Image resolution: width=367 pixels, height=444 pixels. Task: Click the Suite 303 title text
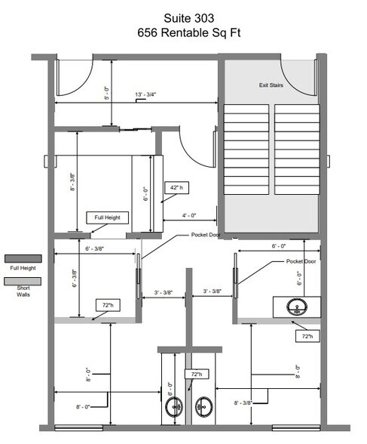coord(188,18)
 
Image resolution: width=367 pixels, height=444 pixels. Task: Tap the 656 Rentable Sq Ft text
coord(188,33)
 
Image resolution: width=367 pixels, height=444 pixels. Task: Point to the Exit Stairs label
coord(271,85)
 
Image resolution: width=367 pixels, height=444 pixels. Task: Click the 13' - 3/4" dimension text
coord(145,94)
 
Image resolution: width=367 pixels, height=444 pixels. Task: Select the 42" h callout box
coord(176,187)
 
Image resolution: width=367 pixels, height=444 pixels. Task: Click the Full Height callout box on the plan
coord(107,217)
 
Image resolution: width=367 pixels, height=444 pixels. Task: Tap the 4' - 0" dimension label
coord(189,215)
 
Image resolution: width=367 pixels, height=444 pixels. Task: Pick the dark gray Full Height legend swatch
coord(23,258)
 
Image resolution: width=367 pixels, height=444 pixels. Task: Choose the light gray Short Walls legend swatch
coord(23,281)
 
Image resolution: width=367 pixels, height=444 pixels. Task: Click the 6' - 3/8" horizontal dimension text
coord(95,248)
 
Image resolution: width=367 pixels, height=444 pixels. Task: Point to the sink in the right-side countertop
coord(297,307)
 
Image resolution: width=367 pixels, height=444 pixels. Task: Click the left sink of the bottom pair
coord(174,406)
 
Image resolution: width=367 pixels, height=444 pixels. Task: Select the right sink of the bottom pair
coord(203,406)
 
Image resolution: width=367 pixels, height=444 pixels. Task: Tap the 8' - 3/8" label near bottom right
coord(243,402)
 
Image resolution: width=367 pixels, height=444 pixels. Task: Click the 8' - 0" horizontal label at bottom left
coord(83,407)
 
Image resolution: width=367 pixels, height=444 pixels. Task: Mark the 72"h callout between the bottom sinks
coord(197,374)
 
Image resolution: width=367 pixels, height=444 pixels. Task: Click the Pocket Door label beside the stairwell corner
coord(206,235)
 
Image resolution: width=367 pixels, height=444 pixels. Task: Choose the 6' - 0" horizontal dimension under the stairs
coord(279,246)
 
